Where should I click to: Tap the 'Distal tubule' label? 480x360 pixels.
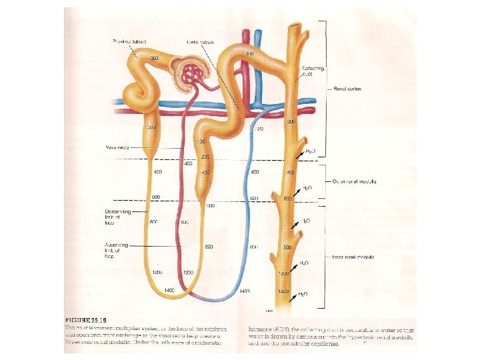[199, 42]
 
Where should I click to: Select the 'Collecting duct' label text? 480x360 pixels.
[313, 71]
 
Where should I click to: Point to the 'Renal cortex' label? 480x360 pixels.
[347, 89]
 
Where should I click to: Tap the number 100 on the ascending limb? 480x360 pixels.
[201, 142]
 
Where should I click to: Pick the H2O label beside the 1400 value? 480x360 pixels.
[303, 293]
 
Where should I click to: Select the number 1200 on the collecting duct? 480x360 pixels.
[285, 274]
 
